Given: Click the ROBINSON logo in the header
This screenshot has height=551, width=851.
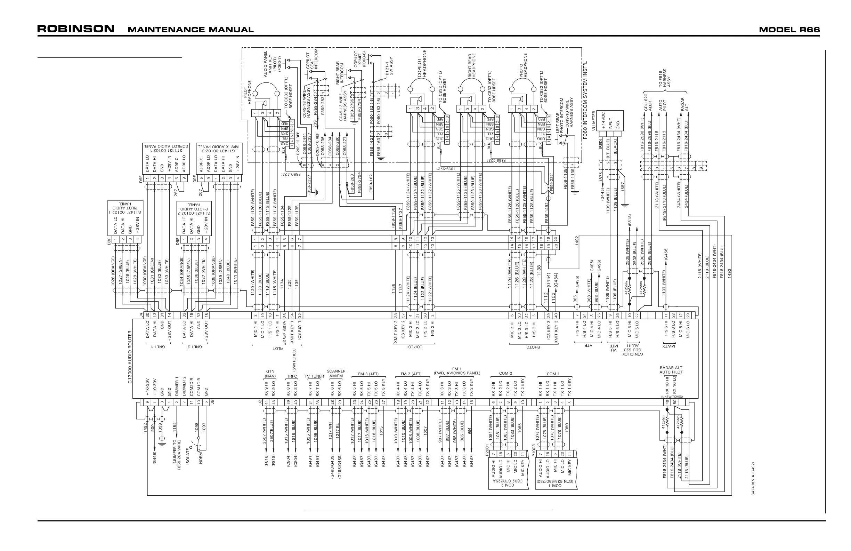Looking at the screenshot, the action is pos(76,29).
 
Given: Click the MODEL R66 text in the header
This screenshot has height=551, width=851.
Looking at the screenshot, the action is pos(789,30).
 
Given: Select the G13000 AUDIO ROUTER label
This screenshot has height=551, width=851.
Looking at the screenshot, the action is pos(130,360).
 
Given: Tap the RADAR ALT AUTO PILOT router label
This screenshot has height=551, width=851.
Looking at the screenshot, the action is pos(671,370).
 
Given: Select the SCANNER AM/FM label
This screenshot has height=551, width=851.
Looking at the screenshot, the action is pos(336,374).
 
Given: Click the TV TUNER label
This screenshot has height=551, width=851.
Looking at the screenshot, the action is pos(314,376).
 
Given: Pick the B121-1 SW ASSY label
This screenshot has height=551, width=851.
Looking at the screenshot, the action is pos(389,66).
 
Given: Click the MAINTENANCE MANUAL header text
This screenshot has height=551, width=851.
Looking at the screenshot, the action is pos(191,30).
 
